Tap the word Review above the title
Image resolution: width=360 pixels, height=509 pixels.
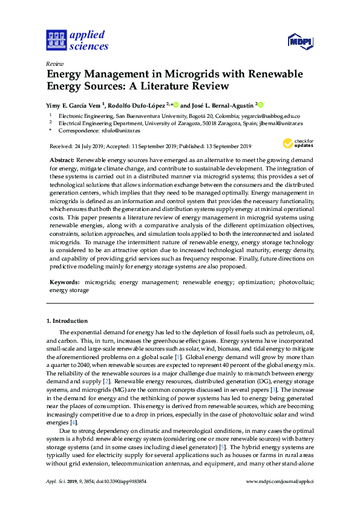click(x=55, y=63)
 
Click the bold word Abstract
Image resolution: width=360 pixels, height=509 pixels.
click(x=61, y=158)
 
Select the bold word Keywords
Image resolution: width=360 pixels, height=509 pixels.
click(x=64, y=282)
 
